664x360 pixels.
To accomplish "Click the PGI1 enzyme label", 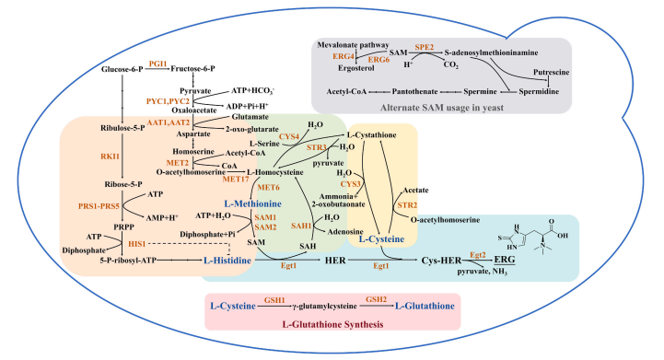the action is [x=157, y=64].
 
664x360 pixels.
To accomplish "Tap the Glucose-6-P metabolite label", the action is [x=122, y=69].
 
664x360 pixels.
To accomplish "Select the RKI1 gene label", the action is [x=111, y=157].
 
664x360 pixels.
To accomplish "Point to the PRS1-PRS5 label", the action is [x=99, y=206].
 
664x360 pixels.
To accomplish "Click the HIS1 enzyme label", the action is [x=137, y=243].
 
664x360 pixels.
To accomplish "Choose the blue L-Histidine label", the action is [x=227, y=260].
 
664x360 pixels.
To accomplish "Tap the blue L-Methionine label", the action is [x=253, y=203].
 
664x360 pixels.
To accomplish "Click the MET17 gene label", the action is [x=236, y=180].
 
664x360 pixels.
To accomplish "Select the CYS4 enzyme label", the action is [x=289, y=136].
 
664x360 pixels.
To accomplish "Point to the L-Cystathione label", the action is [x=372, y=134].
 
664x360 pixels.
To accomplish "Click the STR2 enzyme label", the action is [x=407, y=205].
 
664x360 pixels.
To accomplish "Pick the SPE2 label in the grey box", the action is [x=425, y=47].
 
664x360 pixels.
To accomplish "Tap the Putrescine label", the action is [x=552, y=72].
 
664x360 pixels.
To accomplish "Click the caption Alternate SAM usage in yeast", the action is [x=442, y=108].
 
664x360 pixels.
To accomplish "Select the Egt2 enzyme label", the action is [x=478, y=254].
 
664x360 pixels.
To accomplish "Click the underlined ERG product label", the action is [x=505, y=260].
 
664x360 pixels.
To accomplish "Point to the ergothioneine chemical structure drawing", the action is [x=532, y=236].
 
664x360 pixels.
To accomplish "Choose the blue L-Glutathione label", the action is [x=425, y=306].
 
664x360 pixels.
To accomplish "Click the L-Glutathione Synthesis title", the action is [x=332, y=324].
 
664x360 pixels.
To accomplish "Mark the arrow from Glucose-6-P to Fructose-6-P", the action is [x=157, y=69].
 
